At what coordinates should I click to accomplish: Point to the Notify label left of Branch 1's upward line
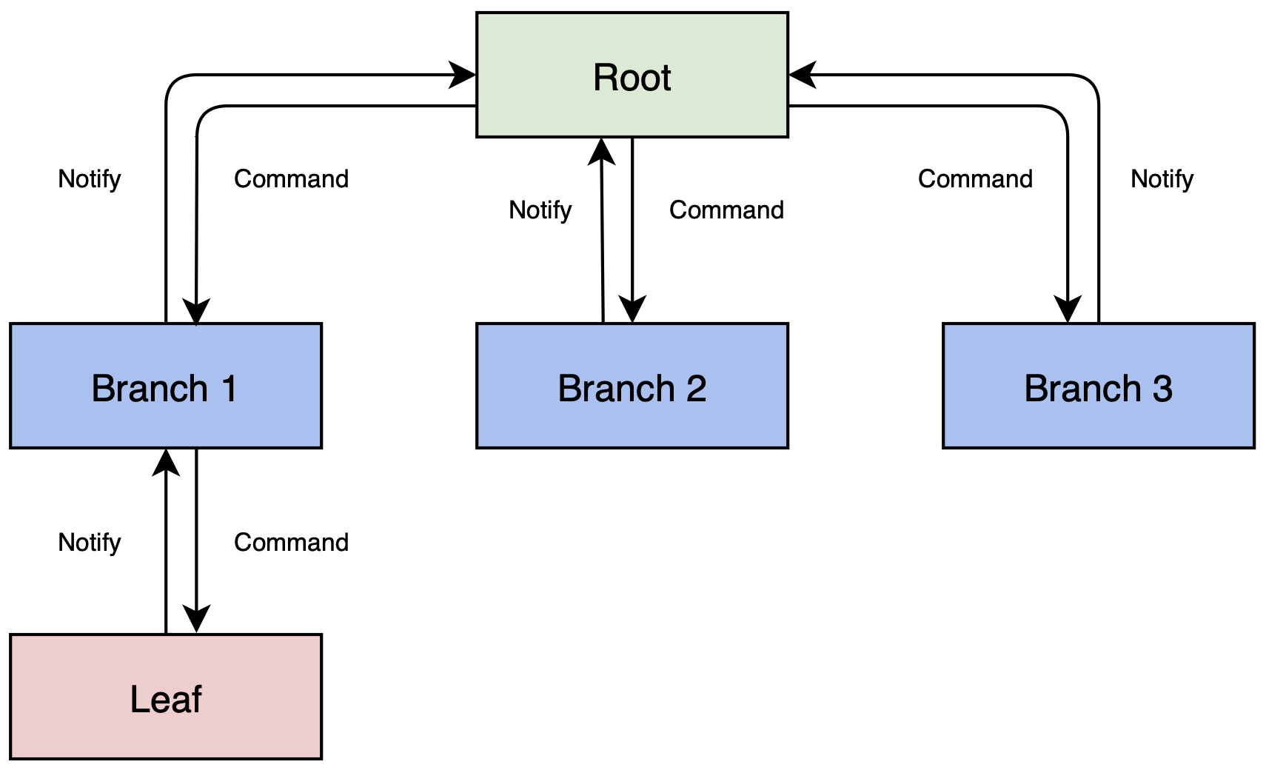click(89, 179)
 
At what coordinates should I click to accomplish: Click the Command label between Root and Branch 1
click(291, 179)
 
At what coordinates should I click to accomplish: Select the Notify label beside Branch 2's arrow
click(540, 210)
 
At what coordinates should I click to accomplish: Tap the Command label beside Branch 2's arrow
click(726, 210)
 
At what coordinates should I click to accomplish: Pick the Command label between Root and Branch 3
click(975, 179)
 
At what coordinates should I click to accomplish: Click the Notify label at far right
click(1162, 179)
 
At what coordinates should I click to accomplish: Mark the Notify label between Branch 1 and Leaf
click(89, 543)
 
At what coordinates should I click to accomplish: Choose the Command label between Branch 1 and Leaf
click(291, 543)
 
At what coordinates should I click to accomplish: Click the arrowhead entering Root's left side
click(463, 75)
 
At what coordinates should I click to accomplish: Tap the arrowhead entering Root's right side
click(801, 75)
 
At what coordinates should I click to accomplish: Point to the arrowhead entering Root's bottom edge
click(601, 150)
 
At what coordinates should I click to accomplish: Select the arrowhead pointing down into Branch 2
click(632, 309)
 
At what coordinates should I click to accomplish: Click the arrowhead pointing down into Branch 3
click(1068, 309)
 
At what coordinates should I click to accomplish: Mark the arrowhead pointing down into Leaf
click(196, 619)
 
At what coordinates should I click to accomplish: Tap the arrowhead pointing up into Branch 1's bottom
click(166, 462)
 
